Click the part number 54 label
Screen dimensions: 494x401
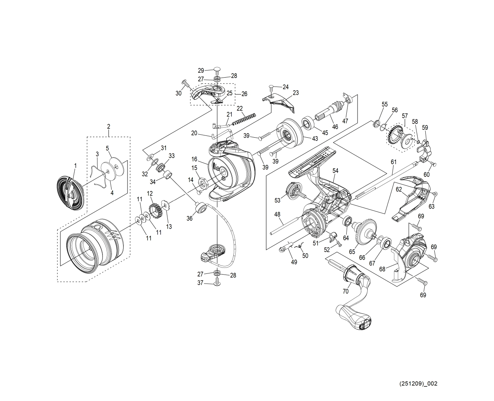coord(336,170)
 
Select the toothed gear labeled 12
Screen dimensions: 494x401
coord(154,210)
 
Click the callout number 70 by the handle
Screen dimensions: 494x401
coord(346,291)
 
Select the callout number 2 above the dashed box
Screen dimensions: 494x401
coord(108,126)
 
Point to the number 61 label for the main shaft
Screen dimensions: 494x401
coord(394,162)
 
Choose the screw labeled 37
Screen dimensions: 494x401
coord(217,283)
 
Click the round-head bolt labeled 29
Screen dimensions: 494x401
coord(217,69)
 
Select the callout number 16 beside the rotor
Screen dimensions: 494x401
coord(194,159)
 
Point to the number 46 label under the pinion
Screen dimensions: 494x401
coord(335,127)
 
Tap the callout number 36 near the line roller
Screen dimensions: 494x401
coord(189,218)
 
